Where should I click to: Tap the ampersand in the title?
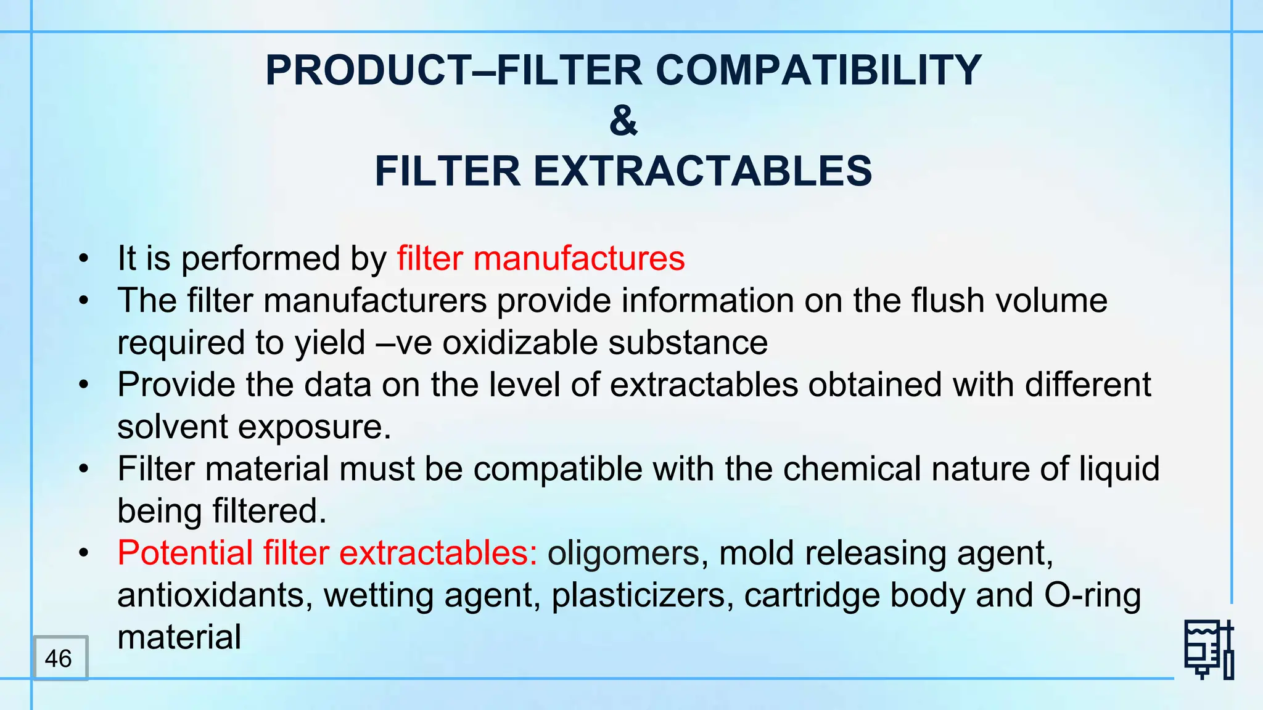click(623, 121)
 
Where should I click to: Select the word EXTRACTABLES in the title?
click(702, 171)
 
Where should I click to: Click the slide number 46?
click(59, 658)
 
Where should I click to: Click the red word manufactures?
click(579, 258)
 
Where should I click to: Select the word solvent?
click(172, 426)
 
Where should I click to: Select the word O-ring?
click(1092, 595)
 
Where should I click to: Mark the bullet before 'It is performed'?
click(84, 259)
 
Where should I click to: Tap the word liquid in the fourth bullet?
click(1119, 469)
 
